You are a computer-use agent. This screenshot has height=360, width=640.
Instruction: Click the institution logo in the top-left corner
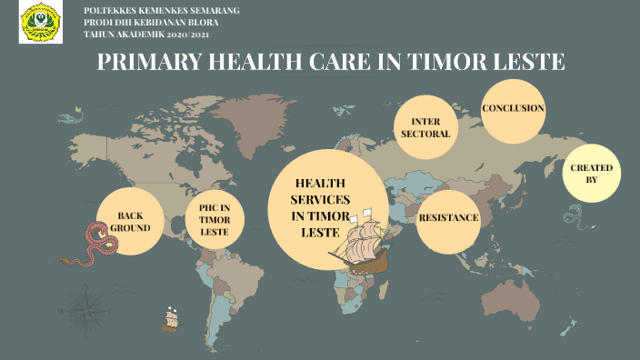tap(41, 22)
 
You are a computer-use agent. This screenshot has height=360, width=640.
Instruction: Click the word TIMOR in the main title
tap(442, 63)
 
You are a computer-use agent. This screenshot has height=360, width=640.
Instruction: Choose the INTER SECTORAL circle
tap(425, 127)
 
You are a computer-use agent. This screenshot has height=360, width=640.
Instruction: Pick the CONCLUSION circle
tap(513, 109)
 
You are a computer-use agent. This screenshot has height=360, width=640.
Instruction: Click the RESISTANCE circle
tap(448, 218)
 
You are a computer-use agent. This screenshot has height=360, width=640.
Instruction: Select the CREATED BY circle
tap(591, 174)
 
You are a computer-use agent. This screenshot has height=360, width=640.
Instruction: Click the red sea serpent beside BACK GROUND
tap(95, 243)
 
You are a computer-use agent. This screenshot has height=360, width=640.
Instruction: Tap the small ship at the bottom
tap(169, 319)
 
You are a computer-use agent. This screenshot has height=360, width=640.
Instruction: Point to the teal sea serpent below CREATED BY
tap(574, 215)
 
